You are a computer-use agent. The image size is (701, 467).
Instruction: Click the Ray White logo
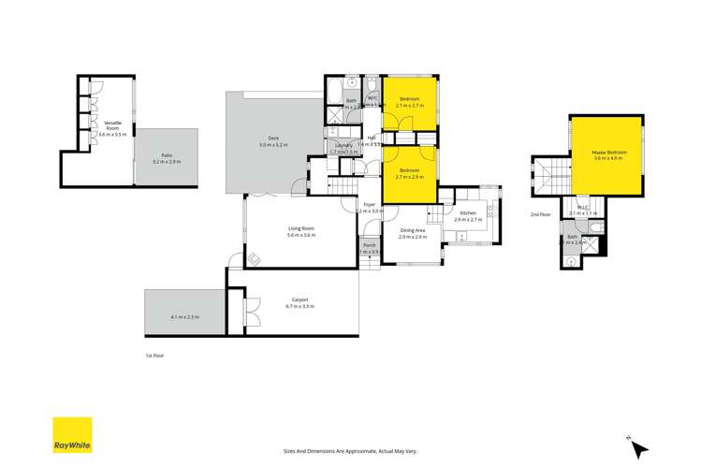[x=72, y=435]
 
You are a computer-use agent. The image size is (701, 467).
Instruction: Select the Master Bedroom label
[x=608, y=152]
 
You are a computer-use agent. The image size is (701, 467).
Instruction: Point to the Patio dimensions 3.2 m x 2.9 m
[x=166, y=162]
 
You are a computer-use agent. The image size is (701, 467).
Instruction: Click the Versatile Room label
[x=112, y=123]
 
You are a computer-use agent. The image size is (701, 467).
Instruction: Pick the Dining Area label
[x=413, y=230]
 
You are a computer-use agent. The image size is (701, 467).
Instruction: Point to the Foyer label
[x=370, y=205]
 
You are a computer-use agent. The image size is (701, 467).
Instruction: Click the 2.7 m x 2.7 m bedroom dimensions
[x=410, y=106]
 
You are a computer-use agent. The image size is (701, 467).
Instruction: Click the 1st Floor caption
[x=154, y=356]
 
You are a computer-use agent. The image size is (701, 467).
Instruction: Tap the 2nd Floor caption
[x=541, y=214]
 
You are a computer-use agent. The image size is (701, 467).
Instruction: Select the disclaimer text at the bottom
[x=350, y=449]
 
